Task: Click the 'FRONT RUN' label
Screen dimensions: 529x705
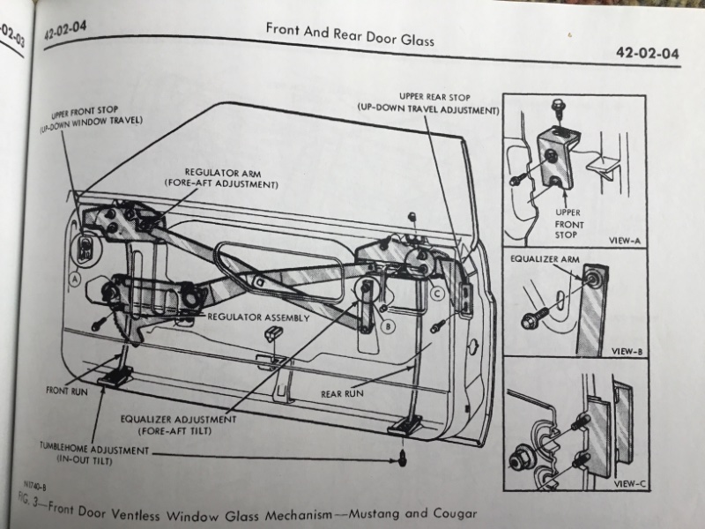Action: tap(68, 389)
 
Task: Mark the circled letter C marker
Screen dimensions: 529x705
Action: tap(438, 293)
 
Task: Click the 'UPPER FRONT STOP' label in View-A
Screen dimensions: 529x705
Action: tap(567, 224)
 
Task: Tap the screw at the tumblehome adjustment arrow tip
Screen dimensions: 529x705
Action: tap(401, 457)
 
